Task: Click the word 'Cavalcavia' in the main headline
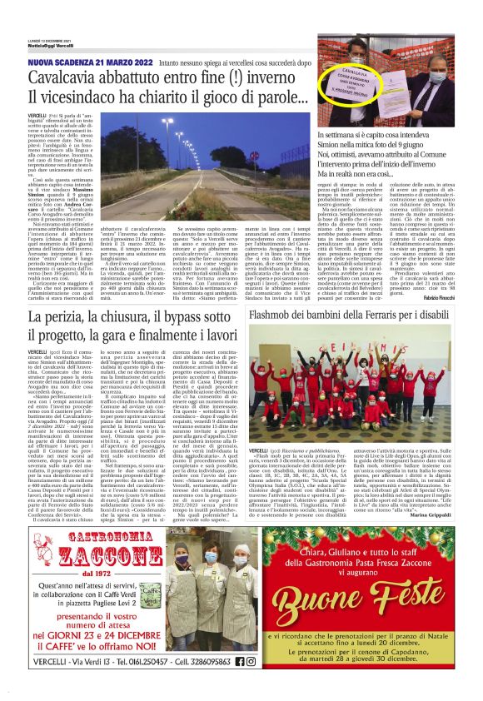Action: click(70, 77)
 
